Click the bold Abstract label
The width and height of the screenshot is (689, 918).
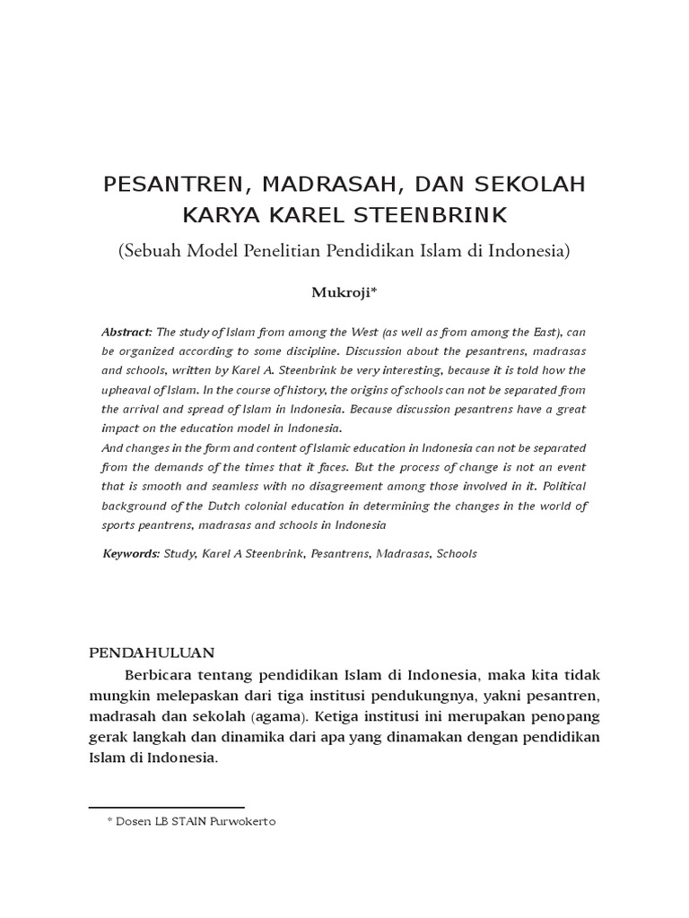click(126, 332)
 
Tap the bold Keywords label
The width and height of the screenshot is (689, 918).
click(131, 553)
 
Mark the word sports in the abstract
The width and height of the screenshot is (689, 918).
click(120, 524)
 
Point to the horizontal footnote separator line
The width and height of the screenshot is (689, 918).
click(166, 808)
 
